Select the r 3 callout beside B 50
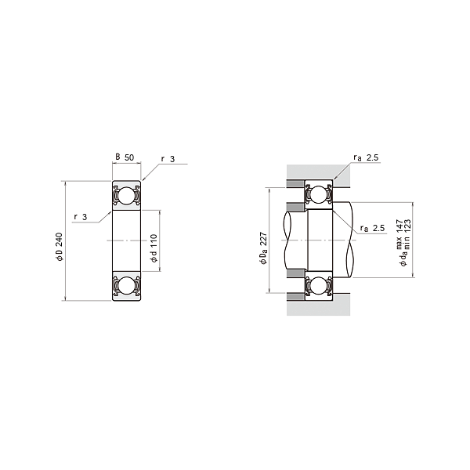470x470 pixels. tap(168, 159)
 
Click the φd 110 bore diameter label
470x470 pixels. tap(154, 247)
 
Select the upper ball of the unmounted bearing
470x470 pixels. tap(125, 196)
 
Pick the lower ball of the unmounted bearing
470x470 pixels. tap(125, 287)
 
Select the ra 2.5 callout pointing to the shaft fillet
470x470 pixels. tap(373, 228)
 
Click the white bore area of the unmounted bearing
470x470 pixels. tap(125, 240)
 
